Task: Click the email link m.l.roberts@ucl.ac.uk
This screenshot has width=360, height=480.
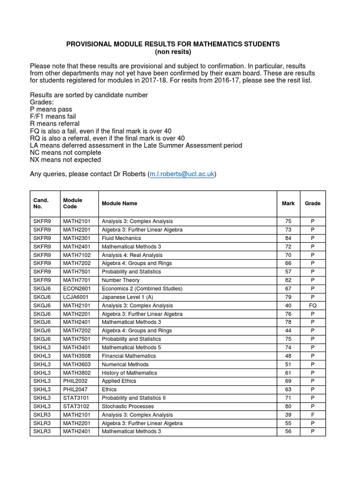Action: coord(182,174)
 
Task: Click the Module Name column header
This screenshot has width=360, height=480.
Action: coord(120,203)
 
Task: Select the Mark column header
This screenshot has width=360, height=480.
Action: coord(288,203)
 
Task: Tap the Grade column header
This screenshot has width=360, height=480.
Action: coord(313,203)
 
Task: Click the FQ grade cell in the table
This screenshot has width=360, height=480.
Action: coord(313,305)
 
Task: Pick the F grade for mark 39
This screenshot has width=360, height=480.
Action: coord(313,415)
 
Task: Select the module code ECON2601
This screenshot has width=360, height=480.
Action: coord(78,288)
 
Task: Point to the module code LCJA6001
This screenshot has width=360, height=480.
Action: coord(77,297)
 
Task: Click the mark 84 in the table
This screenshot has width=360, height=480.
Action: coord(288,238)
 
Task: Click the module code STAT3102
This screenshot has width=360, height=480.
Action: coord(77,406)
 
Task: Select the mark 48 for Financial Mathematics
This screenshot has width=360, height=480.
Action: coord(288,356)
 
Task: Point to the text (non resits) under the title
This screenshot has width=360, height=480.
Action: coord(173,52)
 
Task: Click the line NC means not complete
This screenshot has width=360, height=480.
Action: coord(66,153)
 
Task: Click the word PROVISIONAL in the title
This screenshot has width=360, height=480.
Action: coord(87,44)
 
